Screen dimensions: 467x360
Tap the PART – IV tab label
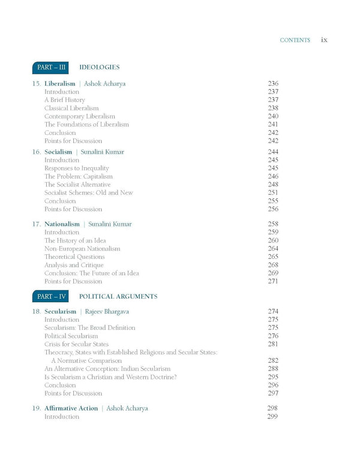coord(50,296)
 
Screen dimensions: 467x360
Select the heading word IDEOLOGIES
coord(100,68)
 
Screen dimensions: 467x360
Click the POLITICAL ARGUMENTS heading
coord(118,296)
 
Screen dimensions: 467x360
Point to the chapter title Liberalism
coord(60,83)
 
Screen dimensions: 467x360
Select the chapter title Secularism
coord(61,312)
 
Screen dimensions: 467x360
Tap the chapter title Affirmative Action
coord(71,408)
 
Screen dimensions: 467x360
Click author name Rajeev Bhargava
coord(111,312)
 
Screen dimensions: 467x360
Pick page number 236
coord(273,83)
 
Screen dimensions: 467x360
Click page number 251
coord(273,193)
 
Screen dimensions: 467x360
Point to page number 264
coord(273,249)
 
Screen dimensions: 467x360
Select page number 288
coord(273,369)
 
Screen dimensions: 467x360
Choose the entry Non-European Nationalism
coord(82,249)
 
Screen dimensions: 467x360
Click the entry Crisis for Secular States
coord(76,345)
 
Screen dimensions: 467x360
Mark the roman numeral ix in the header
coord(324,40)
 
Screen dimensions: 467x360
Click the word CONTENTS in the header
coord(295,41)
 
